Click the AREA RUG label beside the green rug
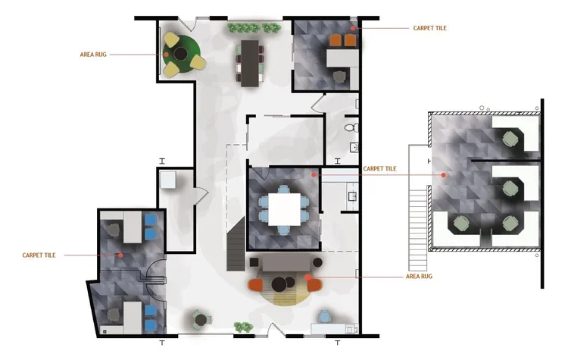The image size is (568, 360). (x=93, y=55)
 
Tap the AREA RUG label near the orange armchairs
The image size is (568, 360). (x=419, y=277)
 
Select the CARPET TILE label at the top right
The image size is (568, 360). (x=429, y=28)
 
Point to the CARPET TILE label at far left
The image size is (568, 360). (x=39, y=255)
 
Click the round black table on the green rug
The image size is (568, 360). (x=180, y=54)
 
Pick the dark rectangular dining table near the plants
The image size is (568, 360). (x=250, y=63)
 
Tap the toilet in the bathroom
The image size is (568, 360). (x=351, y=127)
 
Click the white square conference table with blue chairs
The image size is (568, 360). (x=284, y=209)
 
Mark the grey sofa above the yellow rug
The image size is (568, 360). (x=286, y=263)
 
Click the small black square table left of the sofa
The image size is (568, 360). (x=254, y=262)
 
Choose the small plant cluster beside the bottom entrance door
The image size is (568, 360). (x=243, y=327)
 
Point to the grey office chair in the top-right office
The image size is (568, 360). (x=339, y=77)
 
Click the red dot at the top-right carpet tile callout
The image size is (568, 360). (x=352, y=28)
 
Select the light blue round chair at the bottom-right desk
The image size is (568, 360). (x=325, y=317)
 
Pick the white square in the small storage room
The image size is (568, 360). (x=168, y=180)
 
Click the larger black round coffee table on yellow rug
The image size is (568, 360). (x=279, y=285)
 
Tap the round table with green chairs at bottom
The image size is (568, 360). (x=201, y=320)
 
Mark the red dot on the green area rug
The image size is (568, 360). (x=166, y=55)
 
